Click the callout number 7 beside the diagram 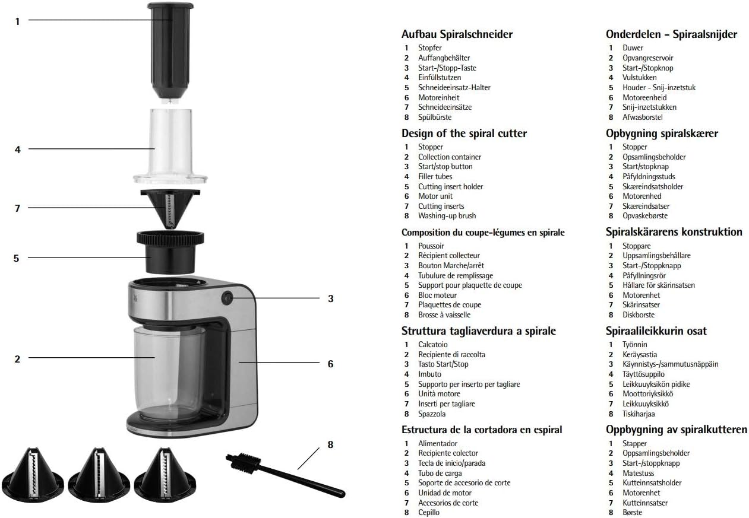17,208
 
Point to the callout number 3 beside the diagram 331,299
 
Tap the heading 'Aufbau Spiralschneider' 457,34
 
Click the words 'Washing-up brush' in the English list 447,216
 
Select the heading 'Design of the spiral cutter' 464,134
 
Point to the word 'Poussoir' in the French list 431,246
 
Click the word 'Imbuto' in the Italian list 429,374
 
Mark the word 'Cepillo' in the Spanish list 429,513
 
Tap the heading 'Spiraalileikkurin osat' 656,331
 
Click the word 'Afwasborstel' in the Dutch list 642,117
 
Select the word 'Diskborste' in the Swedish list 639,315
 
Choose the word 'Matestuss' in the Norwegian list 638,473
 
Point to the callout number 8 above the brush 331,444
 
